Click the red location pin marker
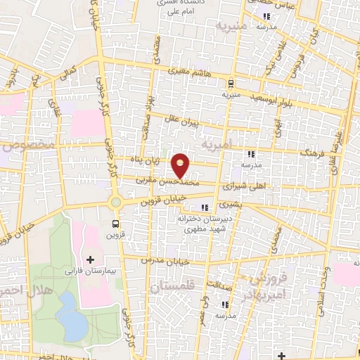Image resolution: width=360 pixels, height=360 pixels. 181,165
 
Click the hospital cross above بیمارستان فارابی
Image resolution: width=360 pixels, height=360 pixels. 89,260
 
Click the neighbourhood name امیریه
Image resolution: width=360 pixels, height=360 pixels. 216,145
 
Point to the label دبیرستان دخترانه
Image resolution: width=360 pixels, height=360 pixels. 204,219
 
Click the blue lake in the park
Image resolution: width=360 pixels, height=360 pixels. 69,314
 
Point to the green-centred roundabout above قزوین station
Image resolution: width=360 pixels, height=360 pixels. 115,203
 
